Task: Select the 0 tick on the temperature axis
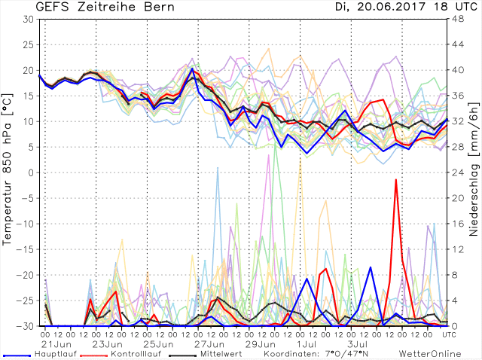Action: pyautogui.click(x=31, y=172)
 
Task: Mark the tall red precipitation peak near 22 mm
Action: pyautogui.click(x=396, y=180)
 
